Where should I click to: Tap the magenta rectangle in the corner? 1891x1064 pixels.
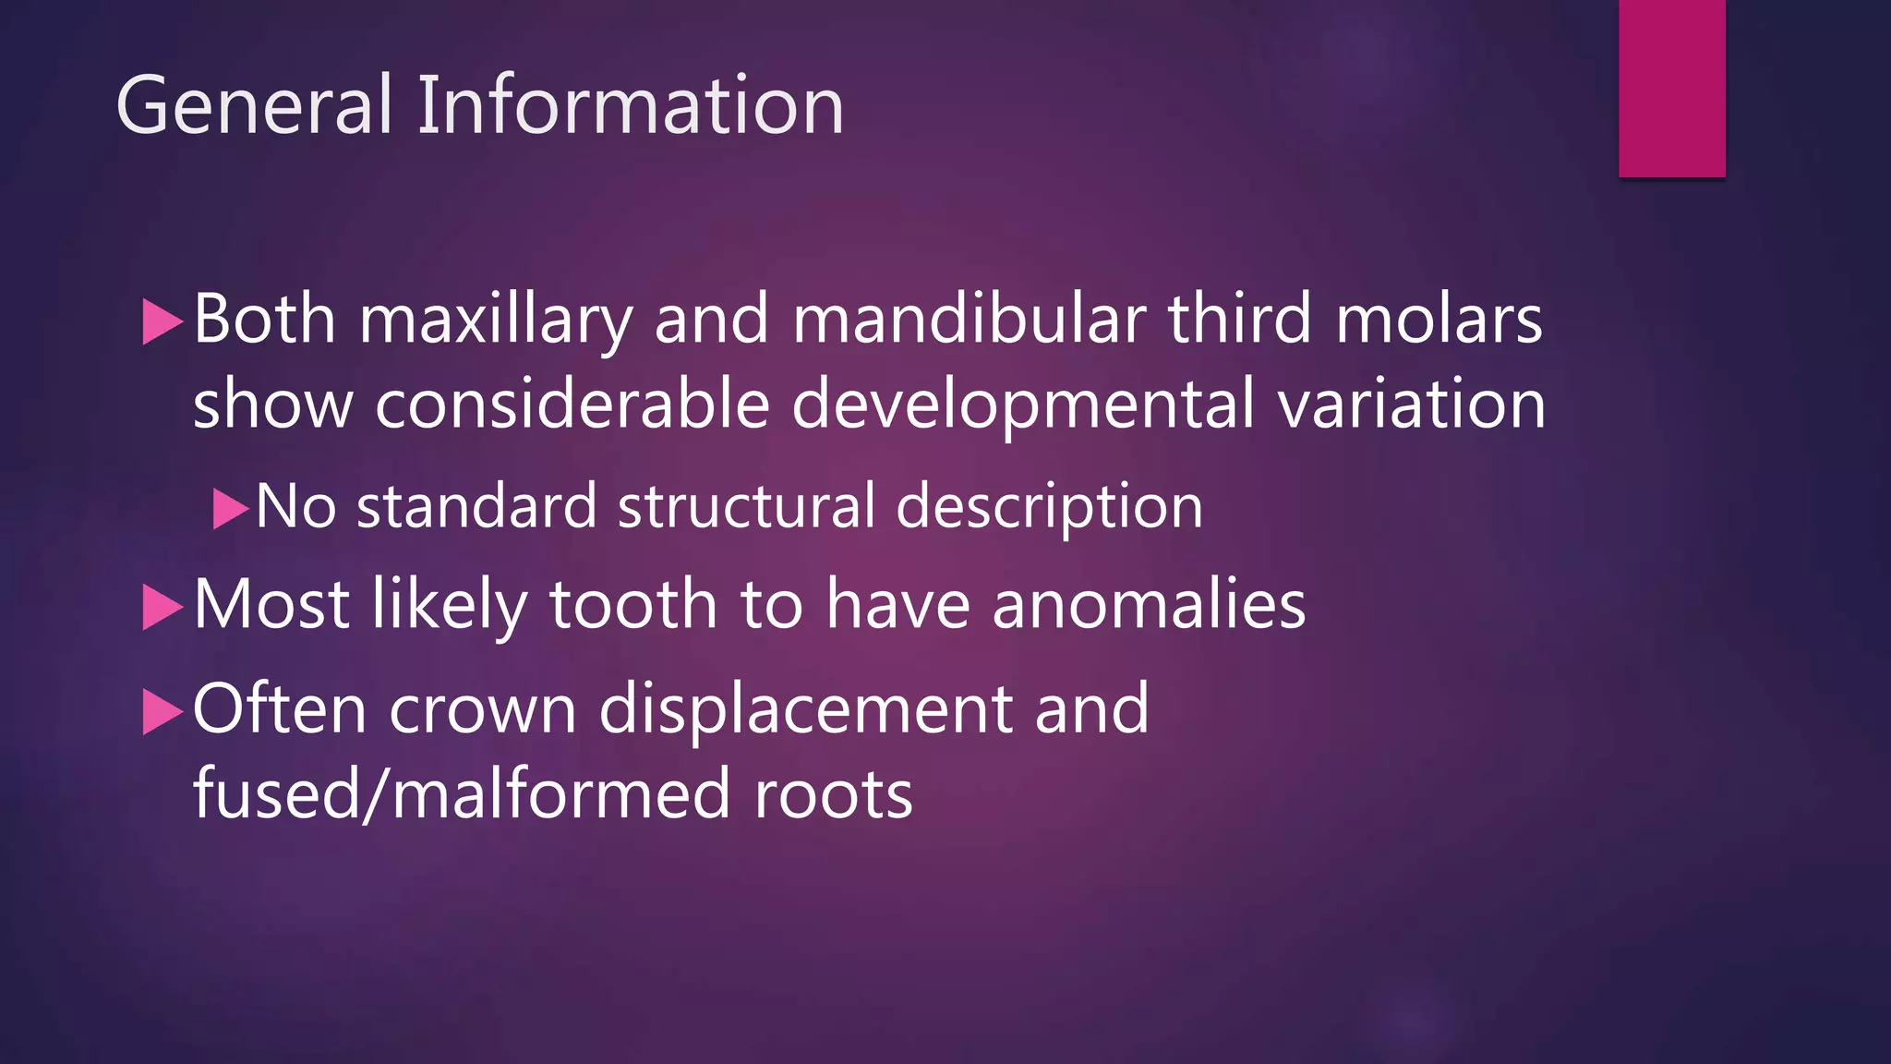[1671, 88]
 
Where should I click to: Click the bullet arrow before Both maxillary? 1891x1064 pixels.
[163, 322]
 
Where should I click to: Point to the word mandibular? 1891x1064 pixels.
[969, 319]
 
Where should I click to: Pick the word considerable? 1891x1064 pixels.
[572, 404]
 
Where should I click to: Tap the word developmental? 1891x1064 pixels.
[1023, 405]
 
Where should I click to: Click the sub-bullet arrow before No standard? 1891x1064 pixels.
[230, 508]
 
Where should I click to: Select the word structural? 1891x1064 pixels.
[746, 506]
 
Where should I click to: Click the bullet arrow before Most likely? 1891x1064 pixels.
[163, 607]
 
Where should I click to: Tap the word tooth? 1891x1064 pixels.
[633, 604]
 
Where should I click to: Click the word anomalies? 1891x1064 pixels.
[1149, 604]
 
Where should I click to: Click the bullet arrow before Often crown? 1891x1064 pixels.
[163, 712]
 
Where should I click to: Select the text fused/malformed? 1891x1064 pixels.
[461, 793]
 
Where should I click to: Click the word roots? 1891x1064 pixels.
[833, 795]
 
